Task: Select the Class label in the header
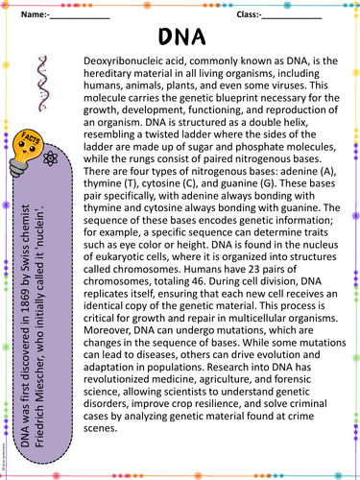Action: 238,15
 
